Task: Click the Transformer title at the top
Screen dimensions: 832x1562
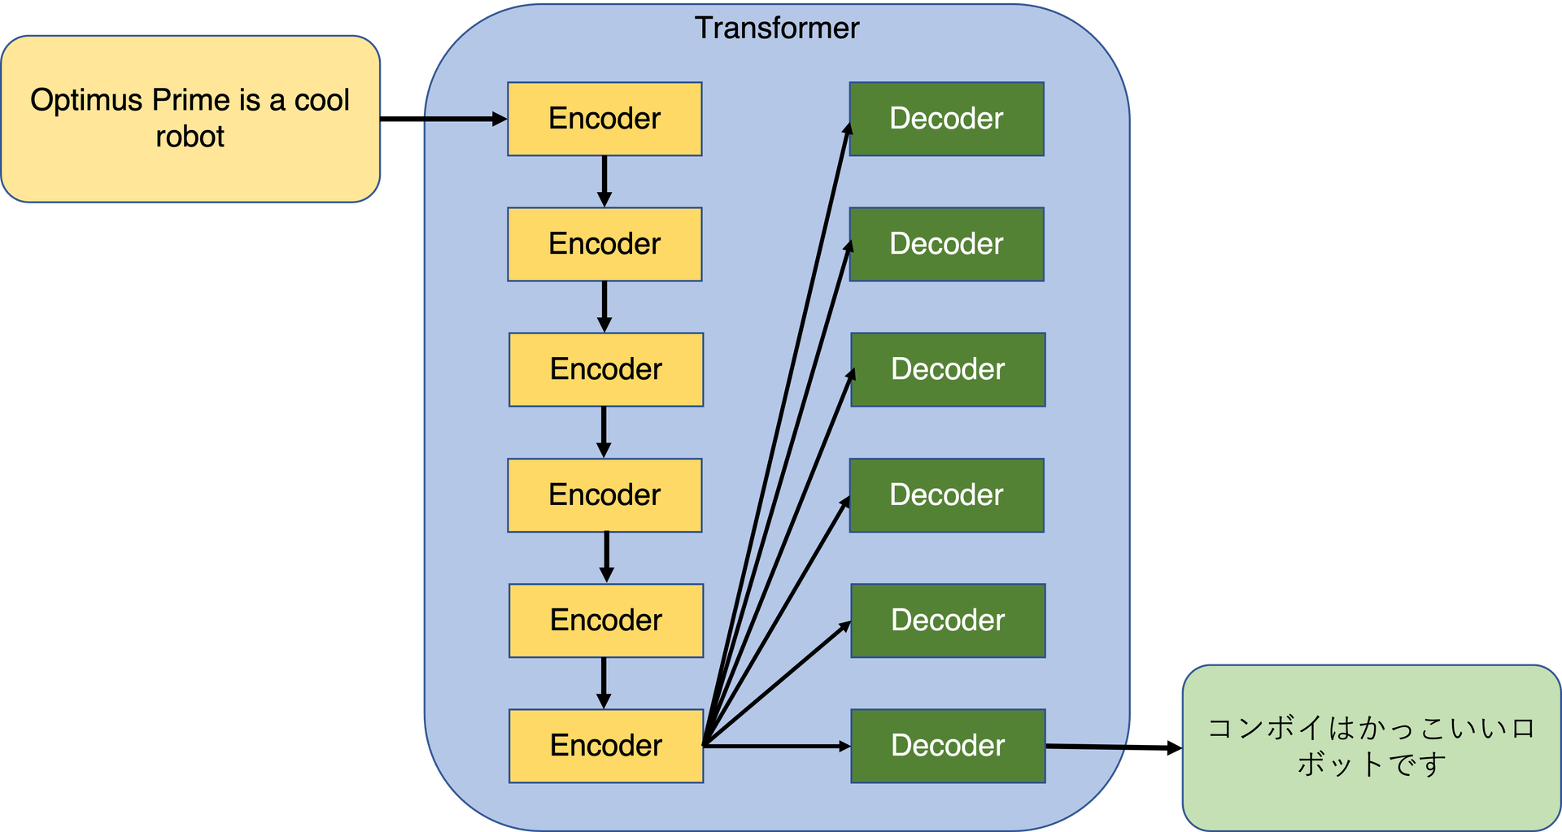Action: click(776, 28)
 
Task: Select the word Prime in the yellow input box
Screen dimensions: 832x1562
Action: click(191, 100)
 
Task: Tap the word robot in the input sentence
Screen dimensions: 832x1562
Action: click(190, 137)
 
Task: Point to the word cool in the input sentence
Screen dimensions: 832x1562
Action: click(321, 100)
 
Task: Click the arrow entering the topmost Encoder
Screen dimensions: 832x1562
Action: click(464, 120)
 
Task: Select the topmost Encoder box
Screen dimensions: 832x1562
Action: click(604, 119)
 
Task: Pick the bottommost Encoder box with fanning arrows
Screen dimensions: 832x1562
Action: click(606, 746)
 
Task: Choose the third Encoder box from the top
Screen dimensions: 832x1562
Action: click(606, 369)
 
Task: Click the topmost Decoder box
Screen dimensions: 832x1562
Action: click(946, 119)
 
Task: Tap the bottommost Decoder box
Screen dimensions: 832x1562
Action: click(948, 746)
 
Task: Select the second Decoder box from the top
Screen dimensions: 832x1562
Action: click(946, 244)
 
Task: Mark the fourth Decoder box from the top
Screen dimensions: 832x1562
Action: click(946, 495)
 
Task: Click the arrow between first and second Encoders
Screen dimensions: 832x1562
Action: click(604, 181)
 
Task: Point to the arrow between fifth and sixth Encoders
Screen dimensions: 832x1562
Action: click(604, 682)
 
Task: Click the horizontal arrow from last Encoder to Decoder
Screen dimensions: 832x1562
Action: click(777, 746)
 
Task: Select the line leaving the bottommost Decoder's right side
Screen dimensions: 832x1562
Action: click(1086, 746)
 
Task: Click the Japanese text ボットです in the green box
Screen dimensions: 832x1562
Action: click(1372, 764)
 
